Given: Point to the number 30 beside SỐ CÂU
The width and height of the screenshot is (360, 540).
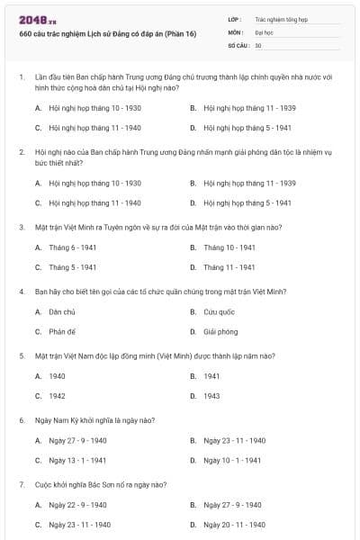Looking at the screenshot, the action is [x=258, y=45].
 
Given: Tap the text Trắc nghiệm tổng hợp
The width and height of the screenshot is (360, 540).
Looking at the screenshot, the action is [x=280, y=18].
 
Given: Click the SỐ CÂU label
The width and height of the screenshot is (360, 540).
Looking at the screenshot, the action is [x=238, y=45].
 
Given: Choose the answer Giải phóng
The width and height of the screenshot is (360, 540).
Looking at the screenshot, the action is [x=220, y=331].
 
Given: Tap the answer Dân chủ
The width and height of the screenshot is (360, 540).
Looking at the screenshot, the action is [x=61, y=311].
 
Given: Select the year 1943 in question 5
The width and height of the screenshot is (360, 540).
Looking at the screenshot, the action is [x=211, y=395].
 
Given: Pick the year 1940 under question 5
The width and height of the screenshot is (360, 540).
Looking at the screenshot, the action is [x=57, y=375].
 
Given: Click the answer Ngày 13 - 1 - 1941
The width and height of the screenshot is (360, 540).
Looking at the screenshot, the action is [x=78, y=460].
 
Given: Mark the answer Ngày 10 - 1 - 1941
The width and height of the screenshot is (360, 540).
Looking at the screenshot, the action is [x=232, y=460].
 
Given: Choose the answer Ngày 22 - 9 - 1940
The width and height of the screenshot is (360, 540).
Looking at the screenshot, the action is [x=78, y=505].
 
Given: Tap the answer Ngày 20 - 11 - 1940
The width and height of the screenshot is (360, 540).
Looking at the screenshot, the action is [x=234, y=524].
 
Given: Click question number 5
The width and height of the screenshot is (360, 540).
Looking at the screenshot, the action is [x=22, y=355].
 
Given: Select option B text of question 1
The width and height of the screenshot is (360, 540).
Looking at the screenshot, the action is [x=237, y=108].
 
